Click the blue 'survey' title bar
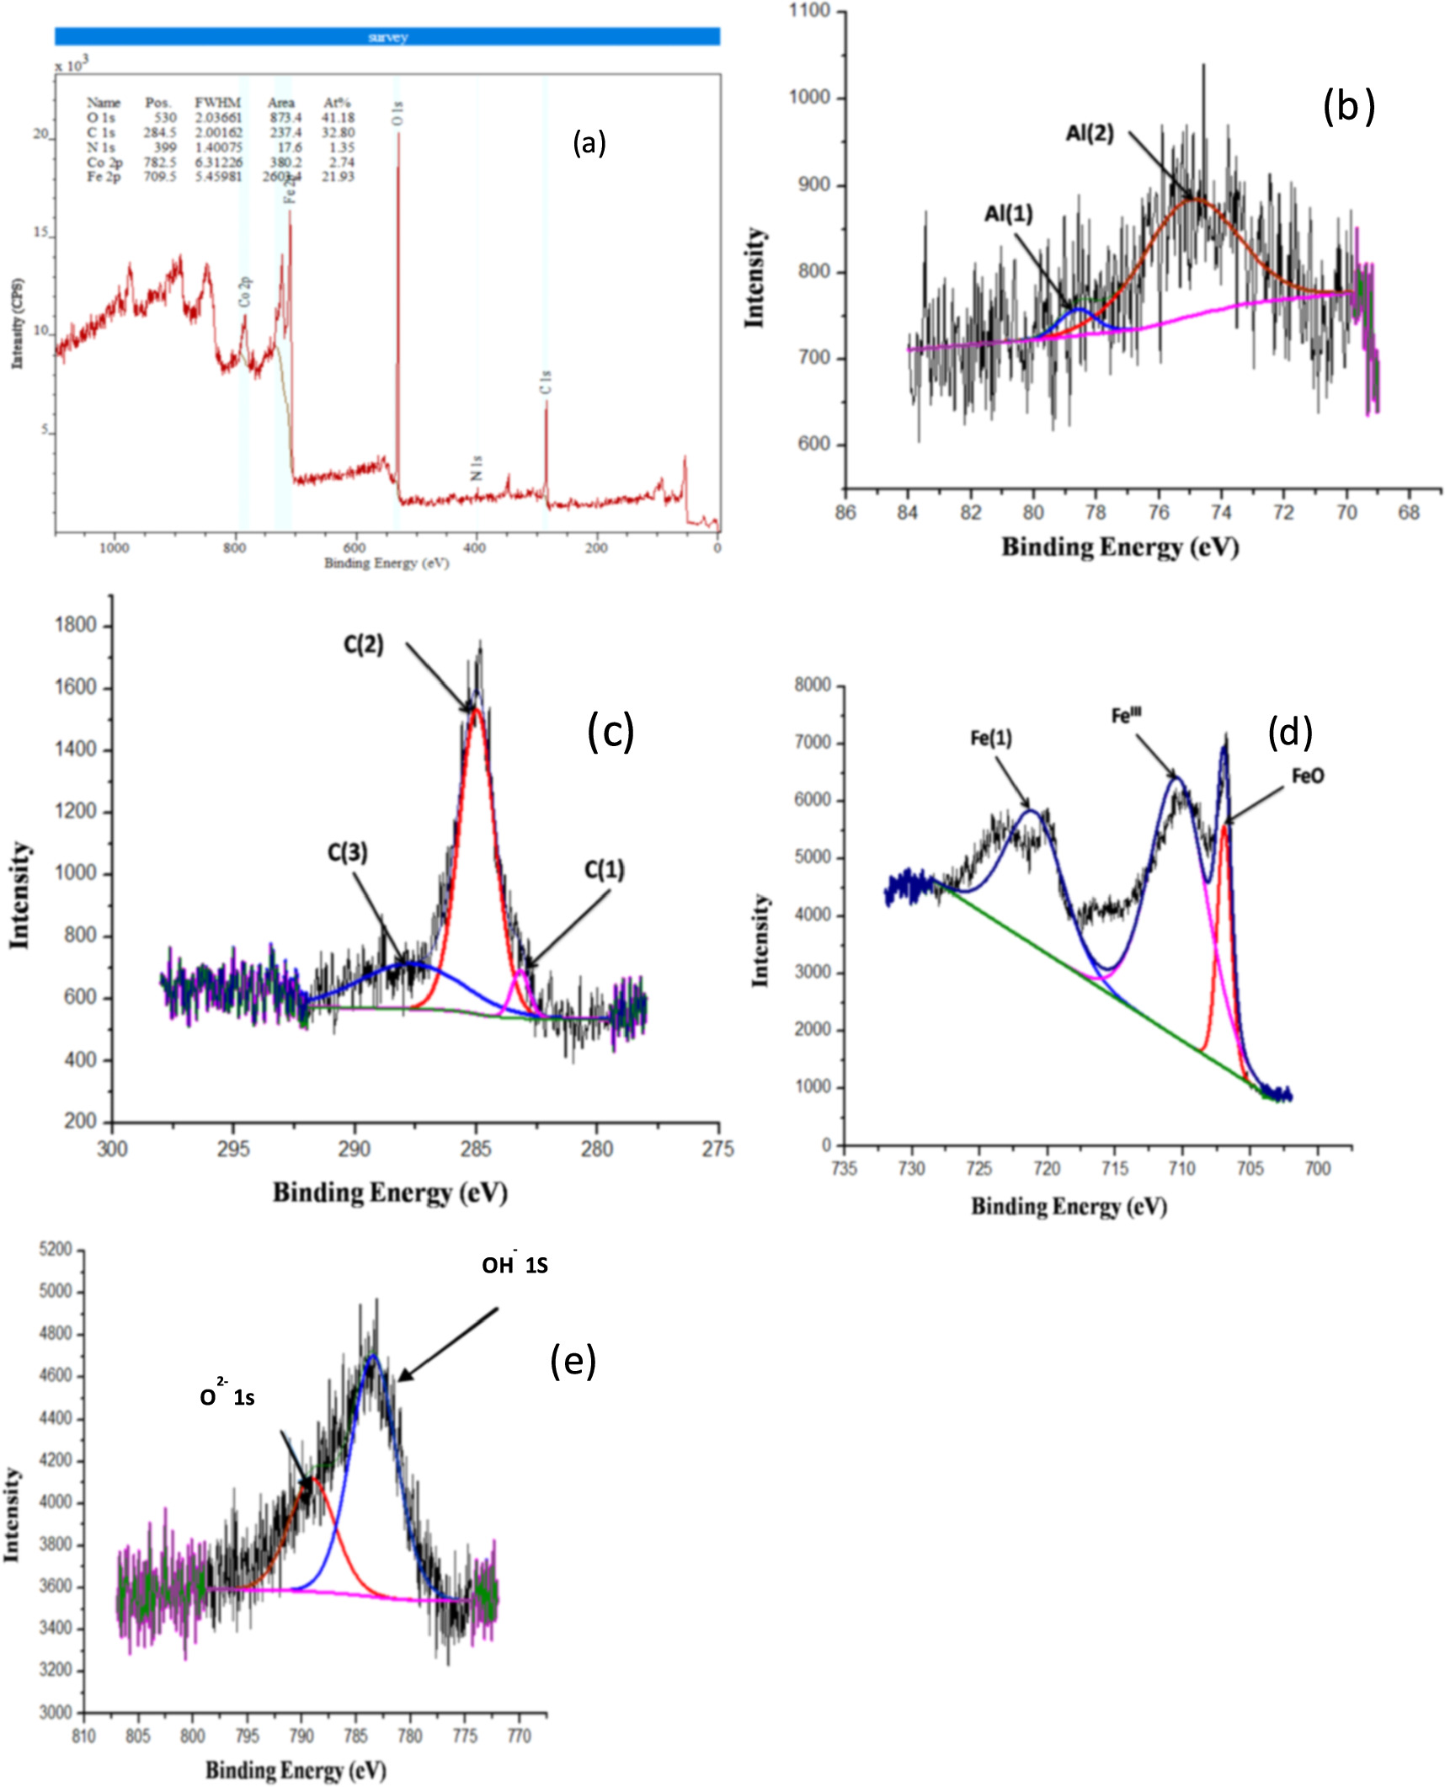click(387, 36)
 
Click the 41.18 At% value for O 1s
click(339, 118)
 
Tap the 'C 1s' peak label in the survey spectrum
click(546, 382)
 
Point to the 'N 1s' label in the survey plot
click(477, 468)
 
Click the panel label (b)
click(1348, 106)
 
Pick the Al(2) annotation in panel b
click(1090, 133)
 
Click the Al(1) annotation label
click(1008, 214)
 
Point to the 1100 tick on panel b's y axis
click(809, 11)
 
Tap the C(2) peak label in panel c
click(363, 645)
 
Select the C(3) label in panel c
click(347, 853)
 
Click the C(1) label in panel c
click(604, 870)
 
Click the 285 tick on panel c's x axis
click(476, 1149)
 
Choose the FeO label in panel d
click(1307, 776)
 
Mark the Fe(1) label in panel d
click(990, 739)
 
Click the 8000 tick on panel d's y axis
click(812, 685)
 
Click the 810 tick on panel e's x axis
click(83, 1736)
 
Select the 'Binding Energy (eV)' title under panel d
click(1069, 1206)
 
